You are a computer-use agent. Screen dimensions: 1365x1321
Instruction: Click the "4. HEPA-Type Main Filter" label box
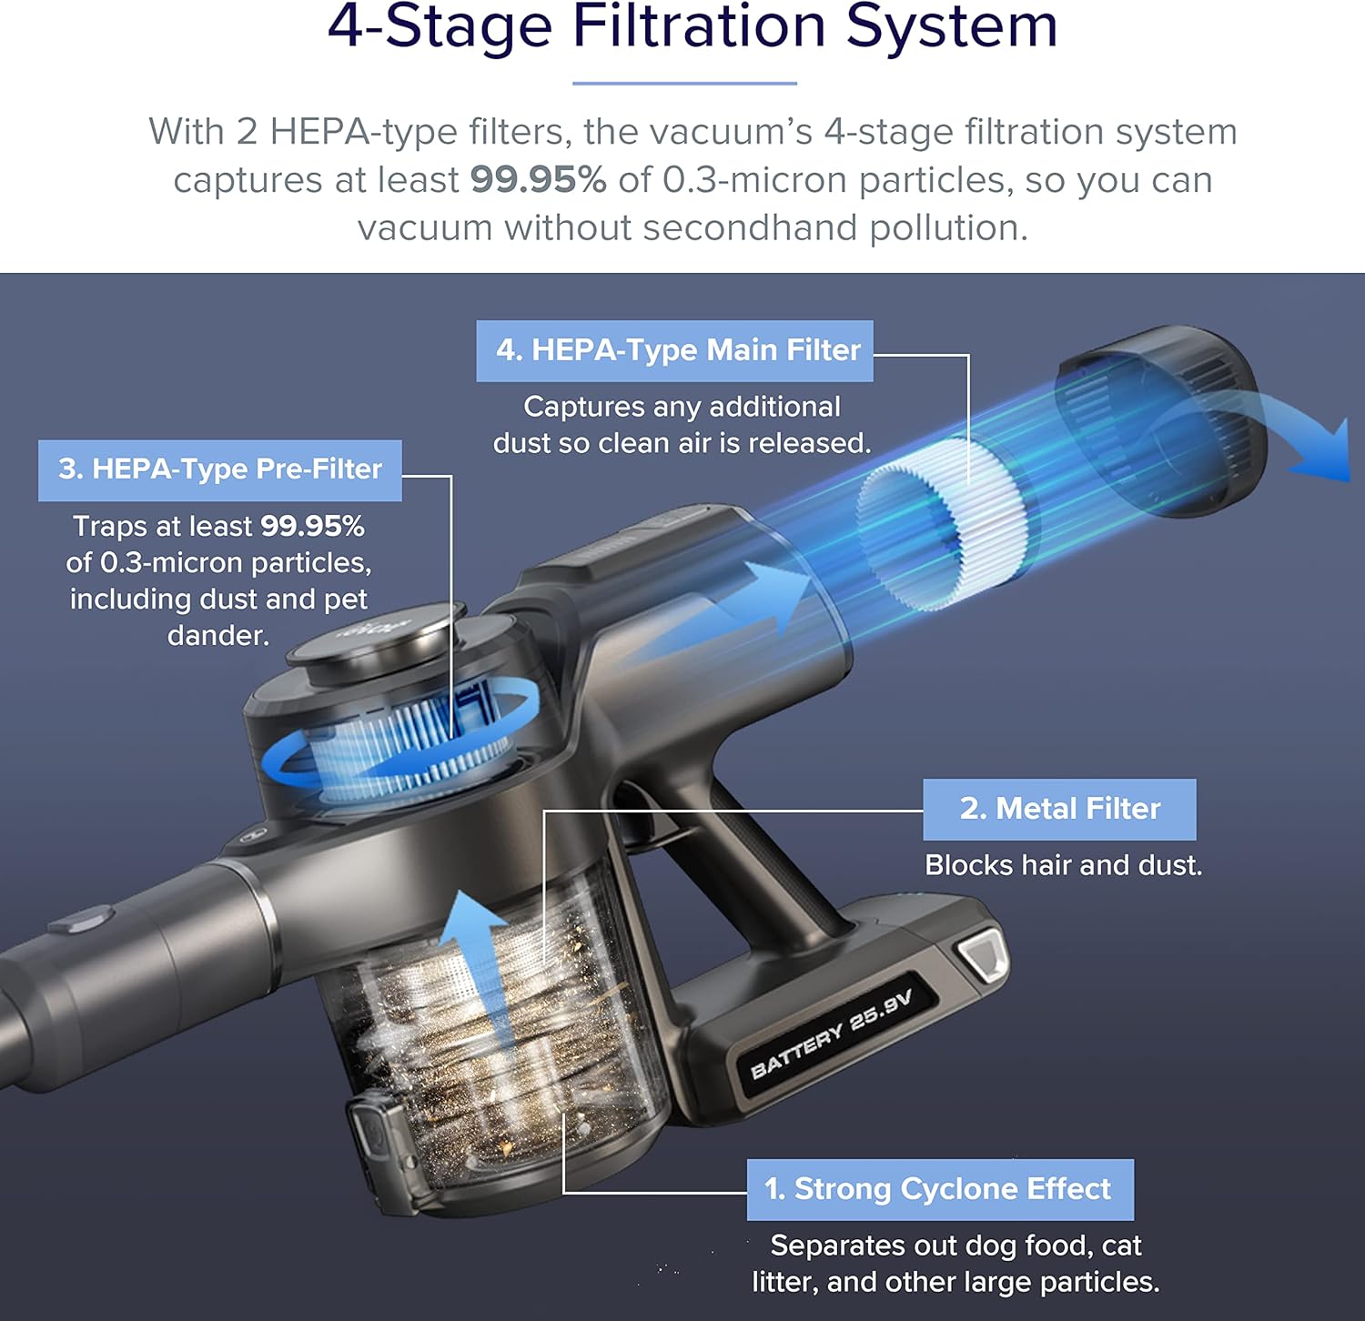674,350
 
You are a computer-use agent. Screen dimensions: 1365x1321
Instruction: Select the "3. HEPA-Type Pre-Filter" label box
219,470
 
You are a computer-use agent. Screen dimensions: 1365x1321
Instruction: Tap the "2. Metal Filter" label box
1059,809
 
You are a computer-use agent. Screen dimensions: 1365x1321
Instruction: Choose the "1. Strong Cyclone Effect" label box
940,1189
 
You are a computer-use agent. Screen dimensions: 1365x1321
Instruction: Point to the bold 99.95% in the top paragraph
538,179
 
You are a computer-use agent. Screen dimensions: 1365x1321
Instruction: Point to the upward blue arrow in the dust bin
472,964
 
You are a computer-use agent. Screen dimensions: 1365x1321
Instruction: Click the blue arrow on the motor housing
728,610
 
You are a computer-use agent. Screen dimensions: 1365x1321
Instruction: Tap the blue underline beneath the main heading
684,83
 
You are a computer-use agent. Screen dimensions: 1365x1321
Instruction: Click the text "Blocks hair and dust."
1063,865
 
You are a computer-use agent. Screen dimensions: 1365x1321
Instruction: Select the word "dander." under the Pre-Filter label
218,635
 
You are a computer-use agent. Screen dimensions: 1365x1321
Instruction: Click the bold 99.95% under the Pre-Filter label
312,526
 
